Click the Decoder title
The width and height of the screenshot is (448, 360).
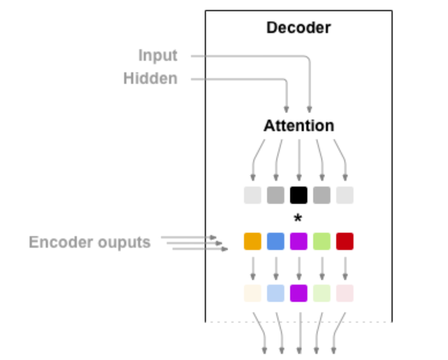pos(298,28)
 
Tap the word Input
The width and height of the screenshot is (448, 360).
pos(158,55)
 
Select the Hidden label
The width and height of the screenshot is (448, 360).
pos(150,79)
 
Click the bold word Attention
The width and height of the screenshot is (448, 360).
pos(298,125)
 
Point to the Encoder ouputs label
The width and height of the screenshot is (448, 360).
pos(90,242)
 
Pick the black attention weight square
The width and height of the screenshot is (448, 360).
pos(298,195)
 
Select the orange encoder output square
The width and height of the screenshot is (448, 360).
pos(253,242)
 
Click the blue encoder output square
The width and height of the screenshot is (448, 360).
pos(276,242)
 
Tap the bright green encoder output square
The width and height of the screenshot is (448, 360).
pos(321,242)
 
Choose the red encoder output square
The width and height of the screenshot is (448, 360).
pos(344,242)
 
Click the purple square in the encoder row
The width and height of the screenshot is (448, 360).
pos(298,242)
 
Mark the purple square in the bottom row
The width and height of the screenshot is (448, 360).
pos(298,293)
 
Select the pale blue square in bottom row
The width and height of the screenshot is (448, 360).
pos(276,293)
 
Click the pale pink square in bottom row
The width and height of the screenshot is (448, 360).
pos(344,293)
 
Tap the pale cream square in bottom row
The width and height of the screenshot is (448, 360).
pos(253,293)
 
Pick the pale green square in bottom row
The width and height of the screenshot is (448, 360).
pos(321,293)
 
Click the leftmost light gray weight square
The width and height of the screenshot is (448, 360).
pos(253,195)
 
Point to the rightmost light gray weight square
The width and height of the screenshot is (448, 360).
pos(344,195)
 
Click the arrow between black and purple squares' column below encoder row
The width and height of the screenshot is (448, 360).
pos(298,267)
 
